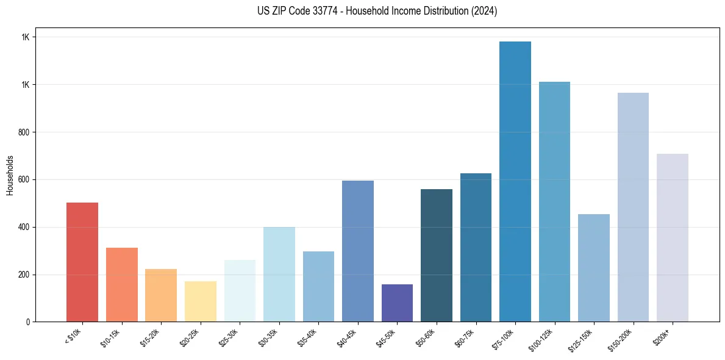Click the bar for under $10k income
82,262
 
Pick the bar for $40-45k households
358,251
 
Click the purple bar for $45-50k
397,303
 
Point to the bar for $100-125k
554,201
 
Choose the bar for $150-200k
633,207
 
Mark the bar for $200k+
673,237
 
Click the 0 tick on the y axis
29,322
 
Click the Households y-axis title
10,175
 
